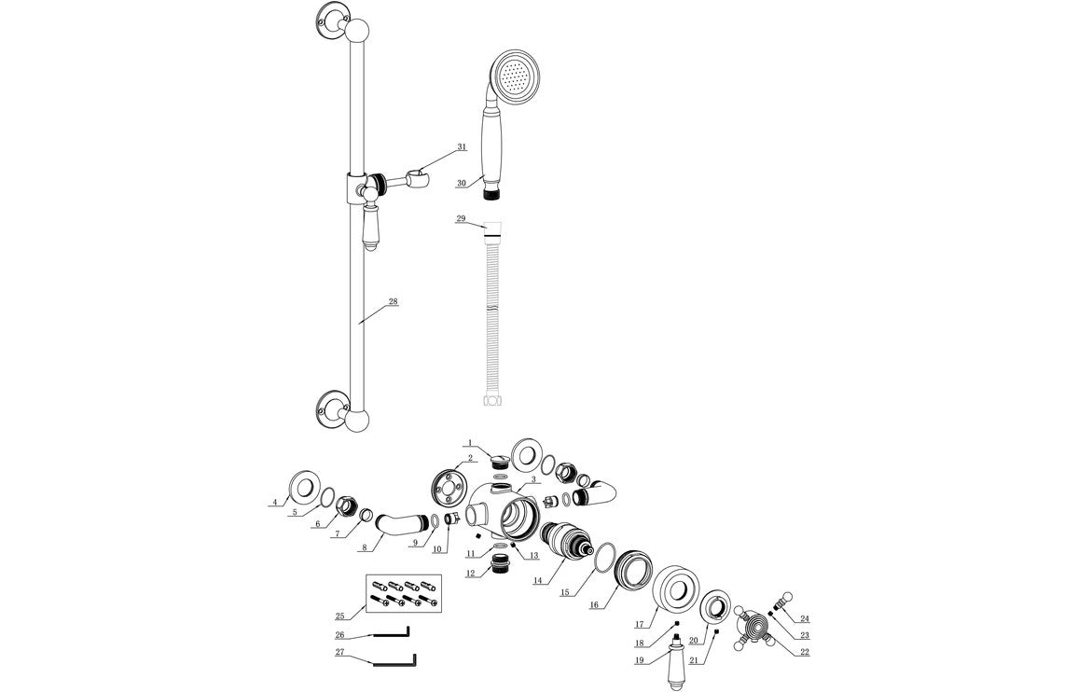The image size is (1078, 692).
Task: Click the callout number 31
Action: (461, 147)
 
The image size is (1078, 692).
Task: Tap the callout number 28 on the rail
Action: (393, 301)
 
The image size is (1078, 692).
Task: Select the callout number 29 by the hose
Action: (461, 218)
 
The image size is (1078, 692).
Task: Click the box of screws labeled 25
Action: (403, 593)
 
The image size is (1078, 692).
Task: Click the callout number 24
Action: (805, 618)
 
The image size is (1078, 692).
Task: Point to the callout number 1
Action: (471, 442)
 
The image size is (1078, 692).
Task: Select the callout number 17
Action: (641, 624)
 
